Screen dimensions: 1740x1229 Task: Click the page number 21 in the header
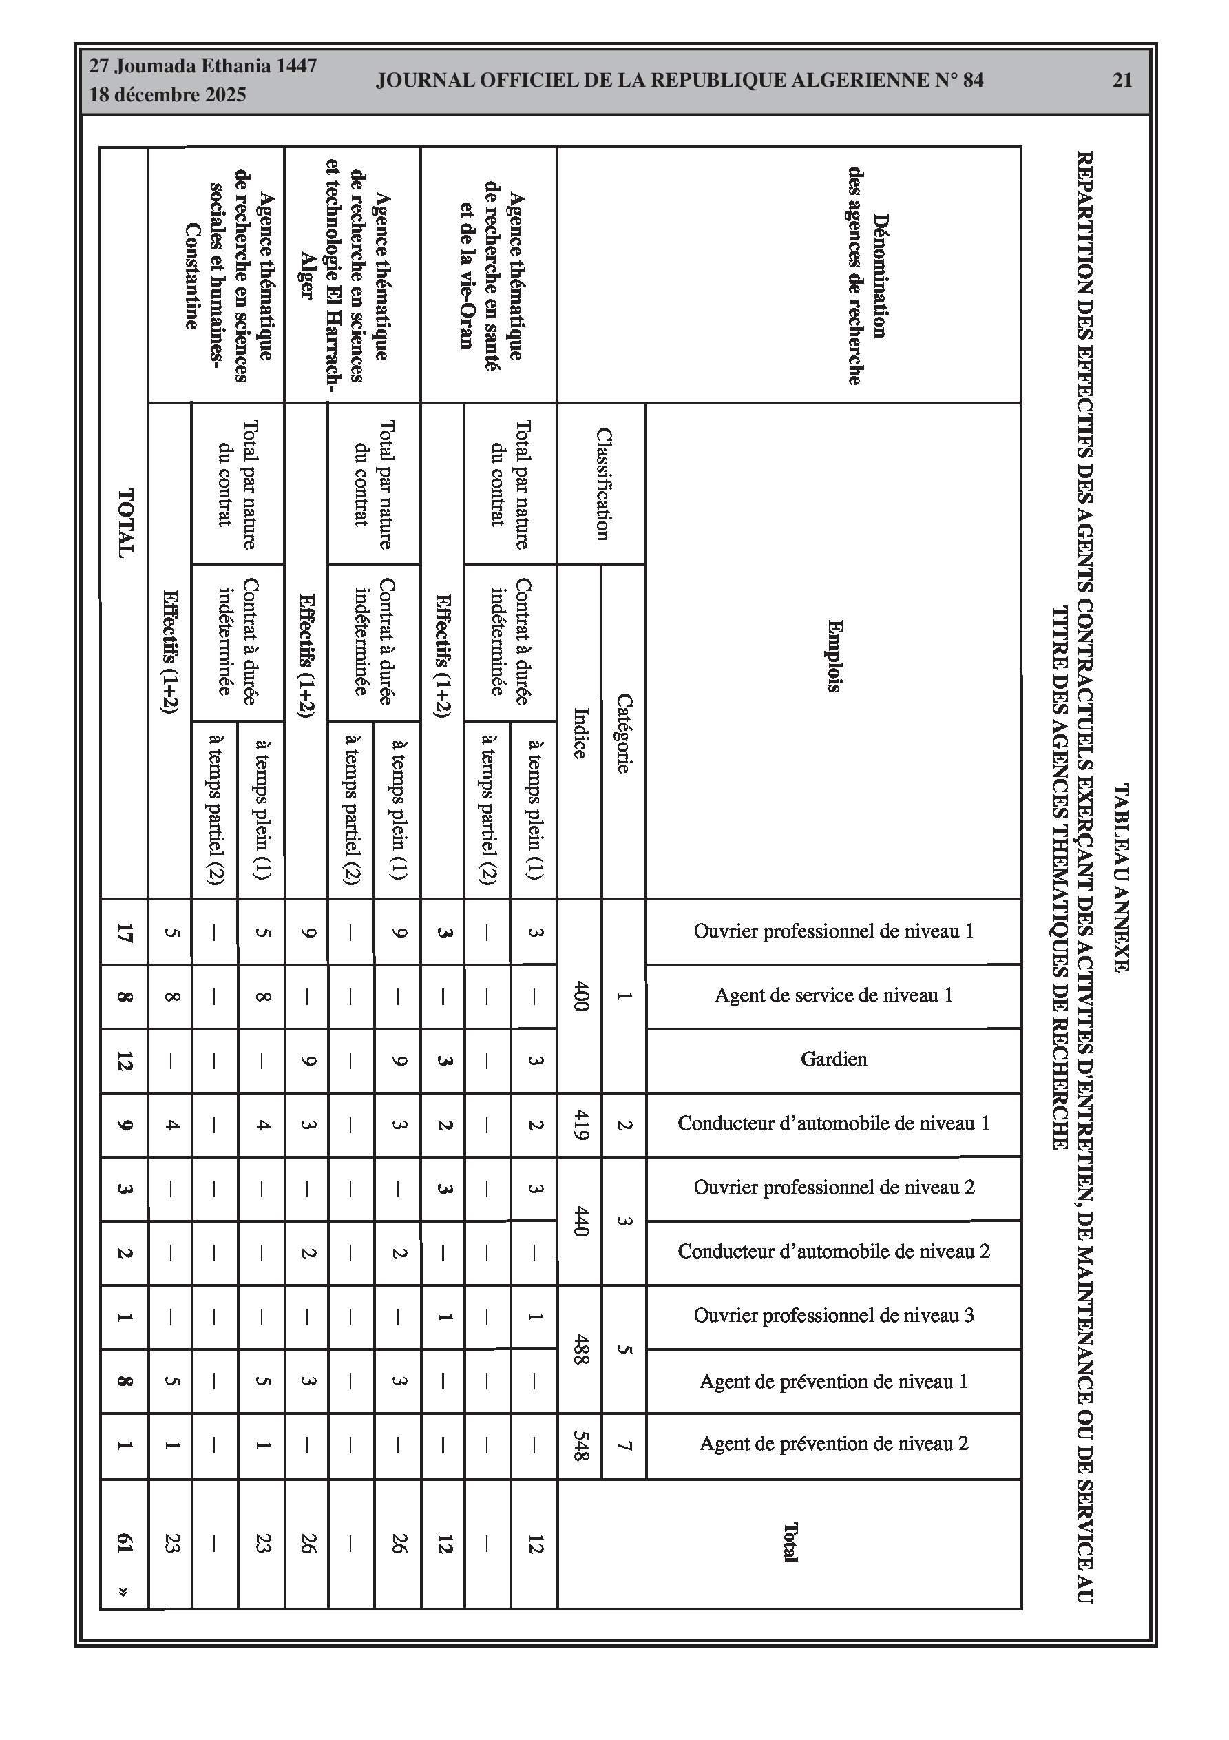click(1122, 81)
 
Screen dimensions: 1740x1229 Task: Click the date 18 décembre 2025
click(167, 95)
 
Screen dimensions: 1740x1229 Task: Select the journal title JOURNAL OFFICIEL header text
click(679, 81)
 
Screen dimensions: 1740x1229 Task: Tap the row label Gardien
click(834, 1059)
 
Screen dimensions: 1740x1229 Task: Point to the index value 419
click(580, 1125)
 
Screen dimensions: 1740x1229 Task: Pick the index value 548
click(580, 1445)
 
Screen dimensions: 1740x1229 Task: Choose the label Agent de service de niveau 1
click(834, 995)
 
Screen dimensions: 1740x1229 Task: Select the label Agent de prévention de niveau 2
click(834, 1444)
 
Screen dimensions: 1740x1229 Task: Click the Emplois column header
click(834, 656)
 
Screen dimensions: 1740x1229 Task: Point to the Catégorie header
click(623, 733)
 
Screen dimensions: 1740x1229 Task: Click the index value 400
click(580, 996)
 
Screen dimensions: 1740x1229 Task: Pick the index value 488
click(580, 1349)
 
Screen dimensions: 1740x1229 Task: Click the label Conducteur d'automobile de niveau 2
click(834, 1251)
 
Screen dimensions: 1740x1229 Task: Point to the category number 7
click(624, 1445)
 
